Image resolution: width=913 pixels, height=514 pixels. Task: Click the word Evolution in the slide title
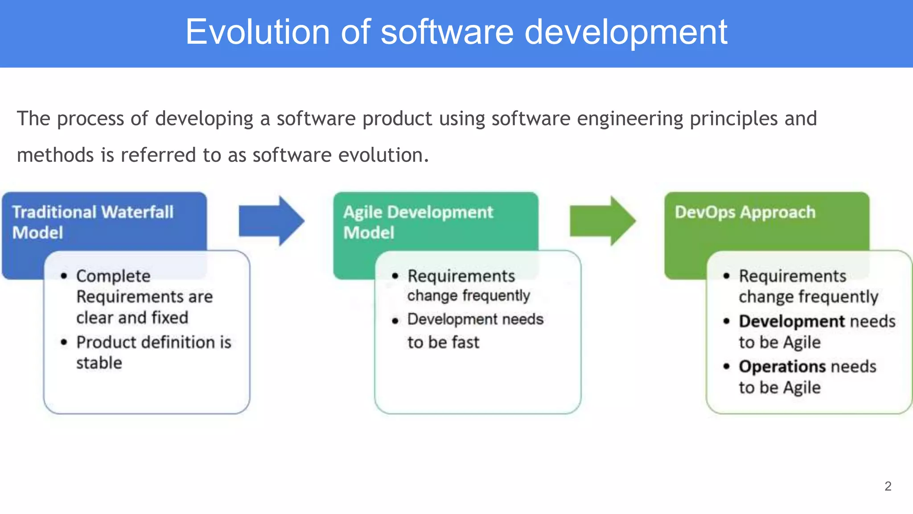click(x=257, y=32)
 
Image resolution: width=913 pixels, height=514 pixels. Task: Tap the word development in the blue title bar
click(x=625, y=33)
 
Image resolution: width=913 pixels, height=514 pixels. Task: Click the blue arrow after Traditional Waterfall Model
click(x=271, y=221)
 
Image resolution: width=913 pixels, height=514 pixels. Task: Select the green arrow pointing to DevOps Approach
click(x=602, y=221)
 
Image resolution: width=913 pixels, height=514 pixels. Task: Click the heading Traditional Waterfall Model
click(x=92, y=222)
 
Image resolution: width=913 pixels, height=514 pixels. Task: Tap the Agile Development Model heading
click(x=418, y=222)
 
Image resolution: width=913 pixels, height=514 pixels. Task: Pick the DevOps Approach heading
click(x=744, y=212)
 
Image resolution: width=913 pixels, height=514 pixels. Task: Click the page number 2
click(x=888, y=486)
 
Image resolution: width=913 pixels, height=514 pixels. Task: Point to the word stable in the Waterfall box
click(x=99, y=363)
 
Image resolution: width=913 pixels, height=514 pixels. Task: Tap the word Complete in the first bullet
click(x=113, y=276)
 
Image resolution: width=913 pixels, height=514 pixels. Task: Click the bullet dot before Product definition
click(x=64, y=342)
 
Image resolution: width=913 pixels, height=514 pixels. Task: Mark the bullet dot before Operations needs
click(x=727, y=366)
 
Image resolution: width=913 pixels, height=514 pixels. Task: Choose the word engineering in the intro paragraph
click(x=629, y=119)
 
